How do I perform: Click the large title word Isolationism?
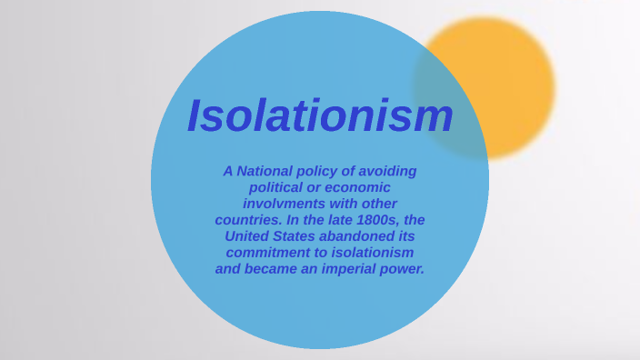[320, 115]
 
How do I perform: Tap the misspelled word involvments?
[286, 204]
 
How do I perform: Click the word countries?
[249, 220]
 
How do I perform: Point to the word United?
[247, 236]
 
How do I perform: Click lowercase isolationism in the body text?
[370, 253]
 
